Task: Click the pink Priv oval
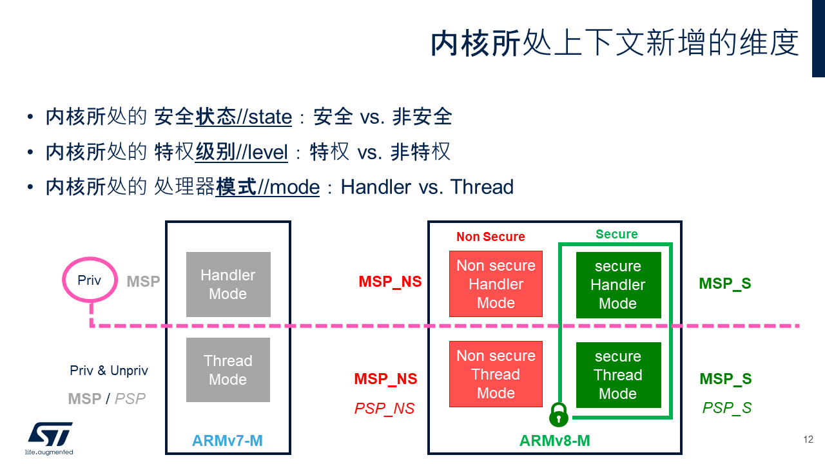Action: (90, 281)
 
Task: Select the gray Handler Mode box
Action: (228, 284)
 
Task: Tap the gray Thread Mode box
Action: (228, 370)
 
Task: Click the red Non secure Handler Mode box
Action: (496, 284)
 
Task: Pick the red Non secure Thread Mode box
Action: (496, 374)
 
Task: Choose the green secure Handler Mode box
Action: (618, 285)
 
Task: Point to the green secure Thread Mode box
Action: (618, 375)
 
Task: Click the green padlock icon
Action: (559, 415)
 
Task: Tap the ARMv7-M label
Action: (228, 441)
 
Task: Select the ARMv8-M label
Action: (555, 441)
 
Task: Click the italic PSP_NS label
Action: (385, 409)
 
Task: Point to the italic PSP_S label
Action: (727, 408)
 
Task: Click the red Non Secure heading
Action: (490, 237)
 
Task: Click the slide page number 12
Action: (808, 440)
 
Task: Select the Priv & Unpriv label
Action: (109, 371)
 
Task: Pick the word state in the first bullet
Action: (270, 117)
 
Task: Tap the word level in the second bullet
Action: (266, 152)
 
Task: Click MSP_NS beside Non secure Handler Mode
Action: (390, 282)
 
